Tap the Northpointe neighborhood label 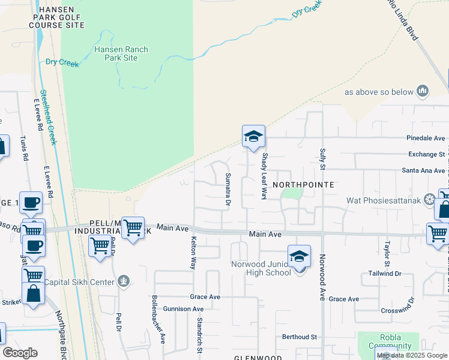coord(303,185)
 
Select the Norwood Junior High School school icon coord(299,257)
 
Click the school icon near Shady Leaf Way coord(253,136)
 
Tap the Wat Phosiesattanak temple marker coord(430,199)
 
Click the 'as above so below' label coord(379,92)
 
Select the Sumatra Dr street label coord(228,190)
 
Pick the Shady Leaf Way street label coord(264,176)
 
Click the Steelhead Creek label coord(49,117)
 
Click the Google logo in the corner coord(20,353)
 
